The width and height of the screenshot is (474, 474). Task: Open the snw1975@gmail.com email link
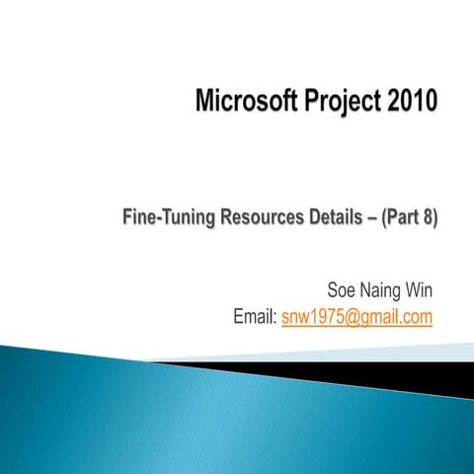[x=357, y=317]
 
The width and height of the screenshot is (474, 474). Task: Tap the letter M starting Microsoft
[x=205, y=101]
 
